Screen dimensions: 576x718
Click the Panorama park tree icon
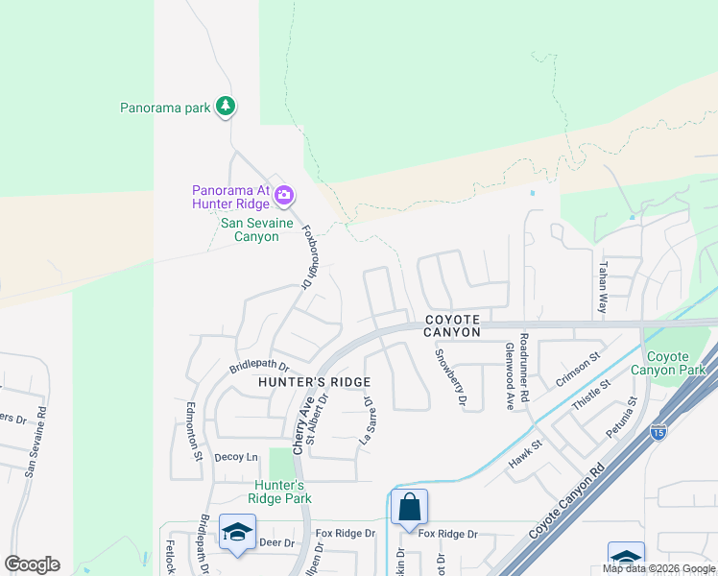click(x=226, y=106)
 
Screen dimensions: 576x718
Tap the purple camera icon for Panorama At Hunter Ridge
click(x=284, y=197)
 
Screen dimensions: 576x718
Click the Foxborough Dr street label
click(x=306, y=256)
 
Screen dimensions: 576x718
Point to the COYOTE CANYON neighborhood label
click(x=452, y=325)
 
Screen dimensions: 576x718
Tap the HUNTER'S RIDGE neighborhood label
click(x=314, y=382)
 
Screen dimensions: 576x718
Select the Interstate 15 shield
click(x=658, y=432)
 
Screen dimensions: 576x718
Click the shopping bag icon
click(x=409, y=506)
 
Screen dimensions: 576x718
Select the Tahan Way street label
click(x=603, y=288)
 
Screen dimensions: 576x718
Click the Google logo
click(x=32, y=564)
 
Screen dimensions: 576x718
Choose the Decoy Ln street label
click(x=236, y=458)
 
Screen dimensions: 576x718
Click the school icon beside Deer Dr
click(x=237, y=532)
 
